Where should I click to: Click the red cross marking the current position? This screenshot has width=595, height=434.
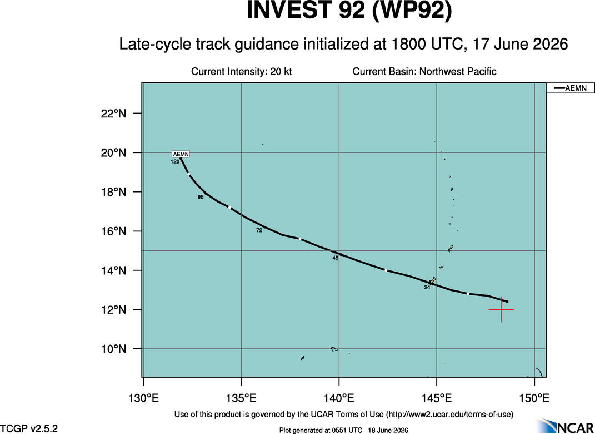click(501, 310)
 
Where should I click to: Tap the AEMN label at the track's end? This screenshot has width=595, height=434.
click(181, 154)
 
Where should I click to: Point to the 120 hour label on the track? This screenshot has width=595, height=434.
click(175, 162)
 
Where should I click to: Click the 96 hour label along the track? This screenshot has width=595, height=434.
click(201, 197)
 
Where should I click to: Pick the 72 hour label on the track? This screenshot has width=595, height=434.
click(259, 230)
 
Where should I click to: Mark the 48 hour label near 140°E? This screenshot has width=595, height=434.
click(335, 258)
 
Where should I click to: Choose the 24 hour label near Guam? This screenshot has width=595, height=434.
click(427, 287)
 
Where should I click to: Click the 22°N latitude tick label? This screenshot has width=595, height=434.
click(113, 114)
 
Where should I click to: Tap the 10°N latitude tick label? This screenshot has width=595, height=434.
click(113, 349)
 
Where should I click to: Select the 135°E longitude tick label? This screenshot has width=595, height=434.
click(241, 398)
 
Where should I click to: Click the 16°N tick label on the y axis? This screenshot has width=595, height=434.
click(113, 231)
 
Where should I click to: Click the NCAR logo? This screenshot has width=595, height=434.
click(566, 426)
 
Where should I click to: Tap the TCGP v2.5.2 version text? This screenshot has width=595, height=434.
click(29, 428)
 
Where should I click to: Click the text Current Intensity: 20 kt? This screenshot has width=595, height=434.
click(241, 71)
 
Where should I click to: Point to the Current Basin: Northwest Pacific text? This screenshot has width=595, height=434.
click(424, 71)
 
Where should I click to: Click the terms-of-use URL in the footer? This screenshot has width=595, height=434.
click(449, 414)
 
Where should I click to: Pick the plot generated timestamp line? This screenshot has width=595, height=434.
click(343, 430)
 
